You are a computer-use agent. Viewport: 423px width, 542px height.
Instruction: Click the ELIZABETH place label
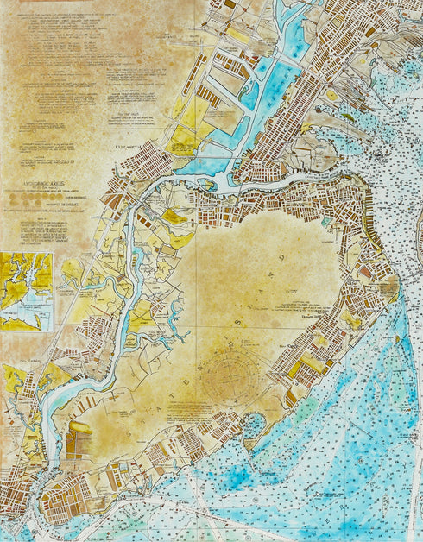pos(127,147)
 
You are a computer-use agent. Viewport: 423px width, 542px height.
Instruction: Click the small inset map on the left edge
pos(26,291)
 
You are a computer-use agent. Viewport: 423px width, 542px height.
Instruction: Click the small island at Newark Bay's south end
pos(208,183)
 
